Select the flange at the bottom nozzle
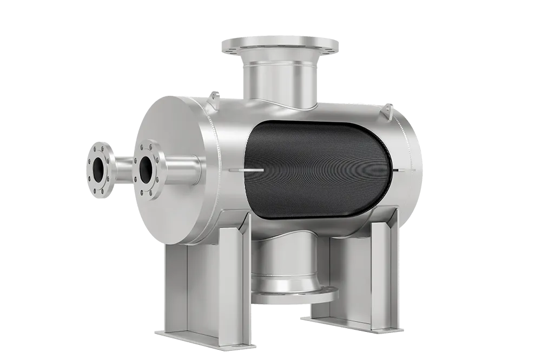point(295,297)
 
